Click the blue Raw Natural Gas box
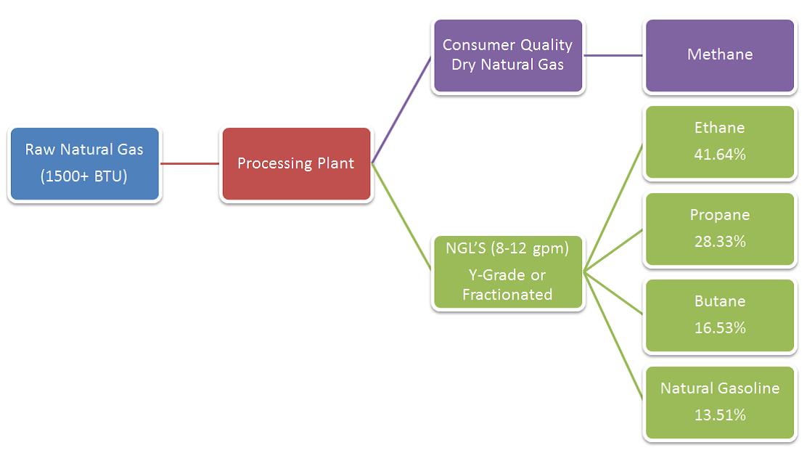click(84, 164)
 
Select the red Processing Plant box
click(296, 164)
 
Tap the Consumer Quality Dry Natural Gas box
click(508, 56)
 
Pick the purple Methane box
click(719, 56)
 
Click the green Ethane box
click(719, 142)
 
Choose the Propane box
click(719, 229)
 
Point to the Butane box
click(719, 316)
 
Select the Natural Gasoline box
click(719, 403)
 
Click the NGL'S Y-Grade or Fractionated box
click(508, 272)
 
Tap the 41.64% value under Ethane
click(719, 155)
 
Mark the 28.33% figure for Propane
click(719, 242)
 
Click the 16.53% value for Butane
click(719, 328)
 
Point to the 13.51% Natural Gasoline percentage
click(719, 415)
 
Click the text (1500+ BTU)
click(84, 176)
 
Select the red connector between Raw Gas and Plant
click(189, 163)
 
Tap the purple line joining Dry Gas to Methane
click(614, 55)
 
